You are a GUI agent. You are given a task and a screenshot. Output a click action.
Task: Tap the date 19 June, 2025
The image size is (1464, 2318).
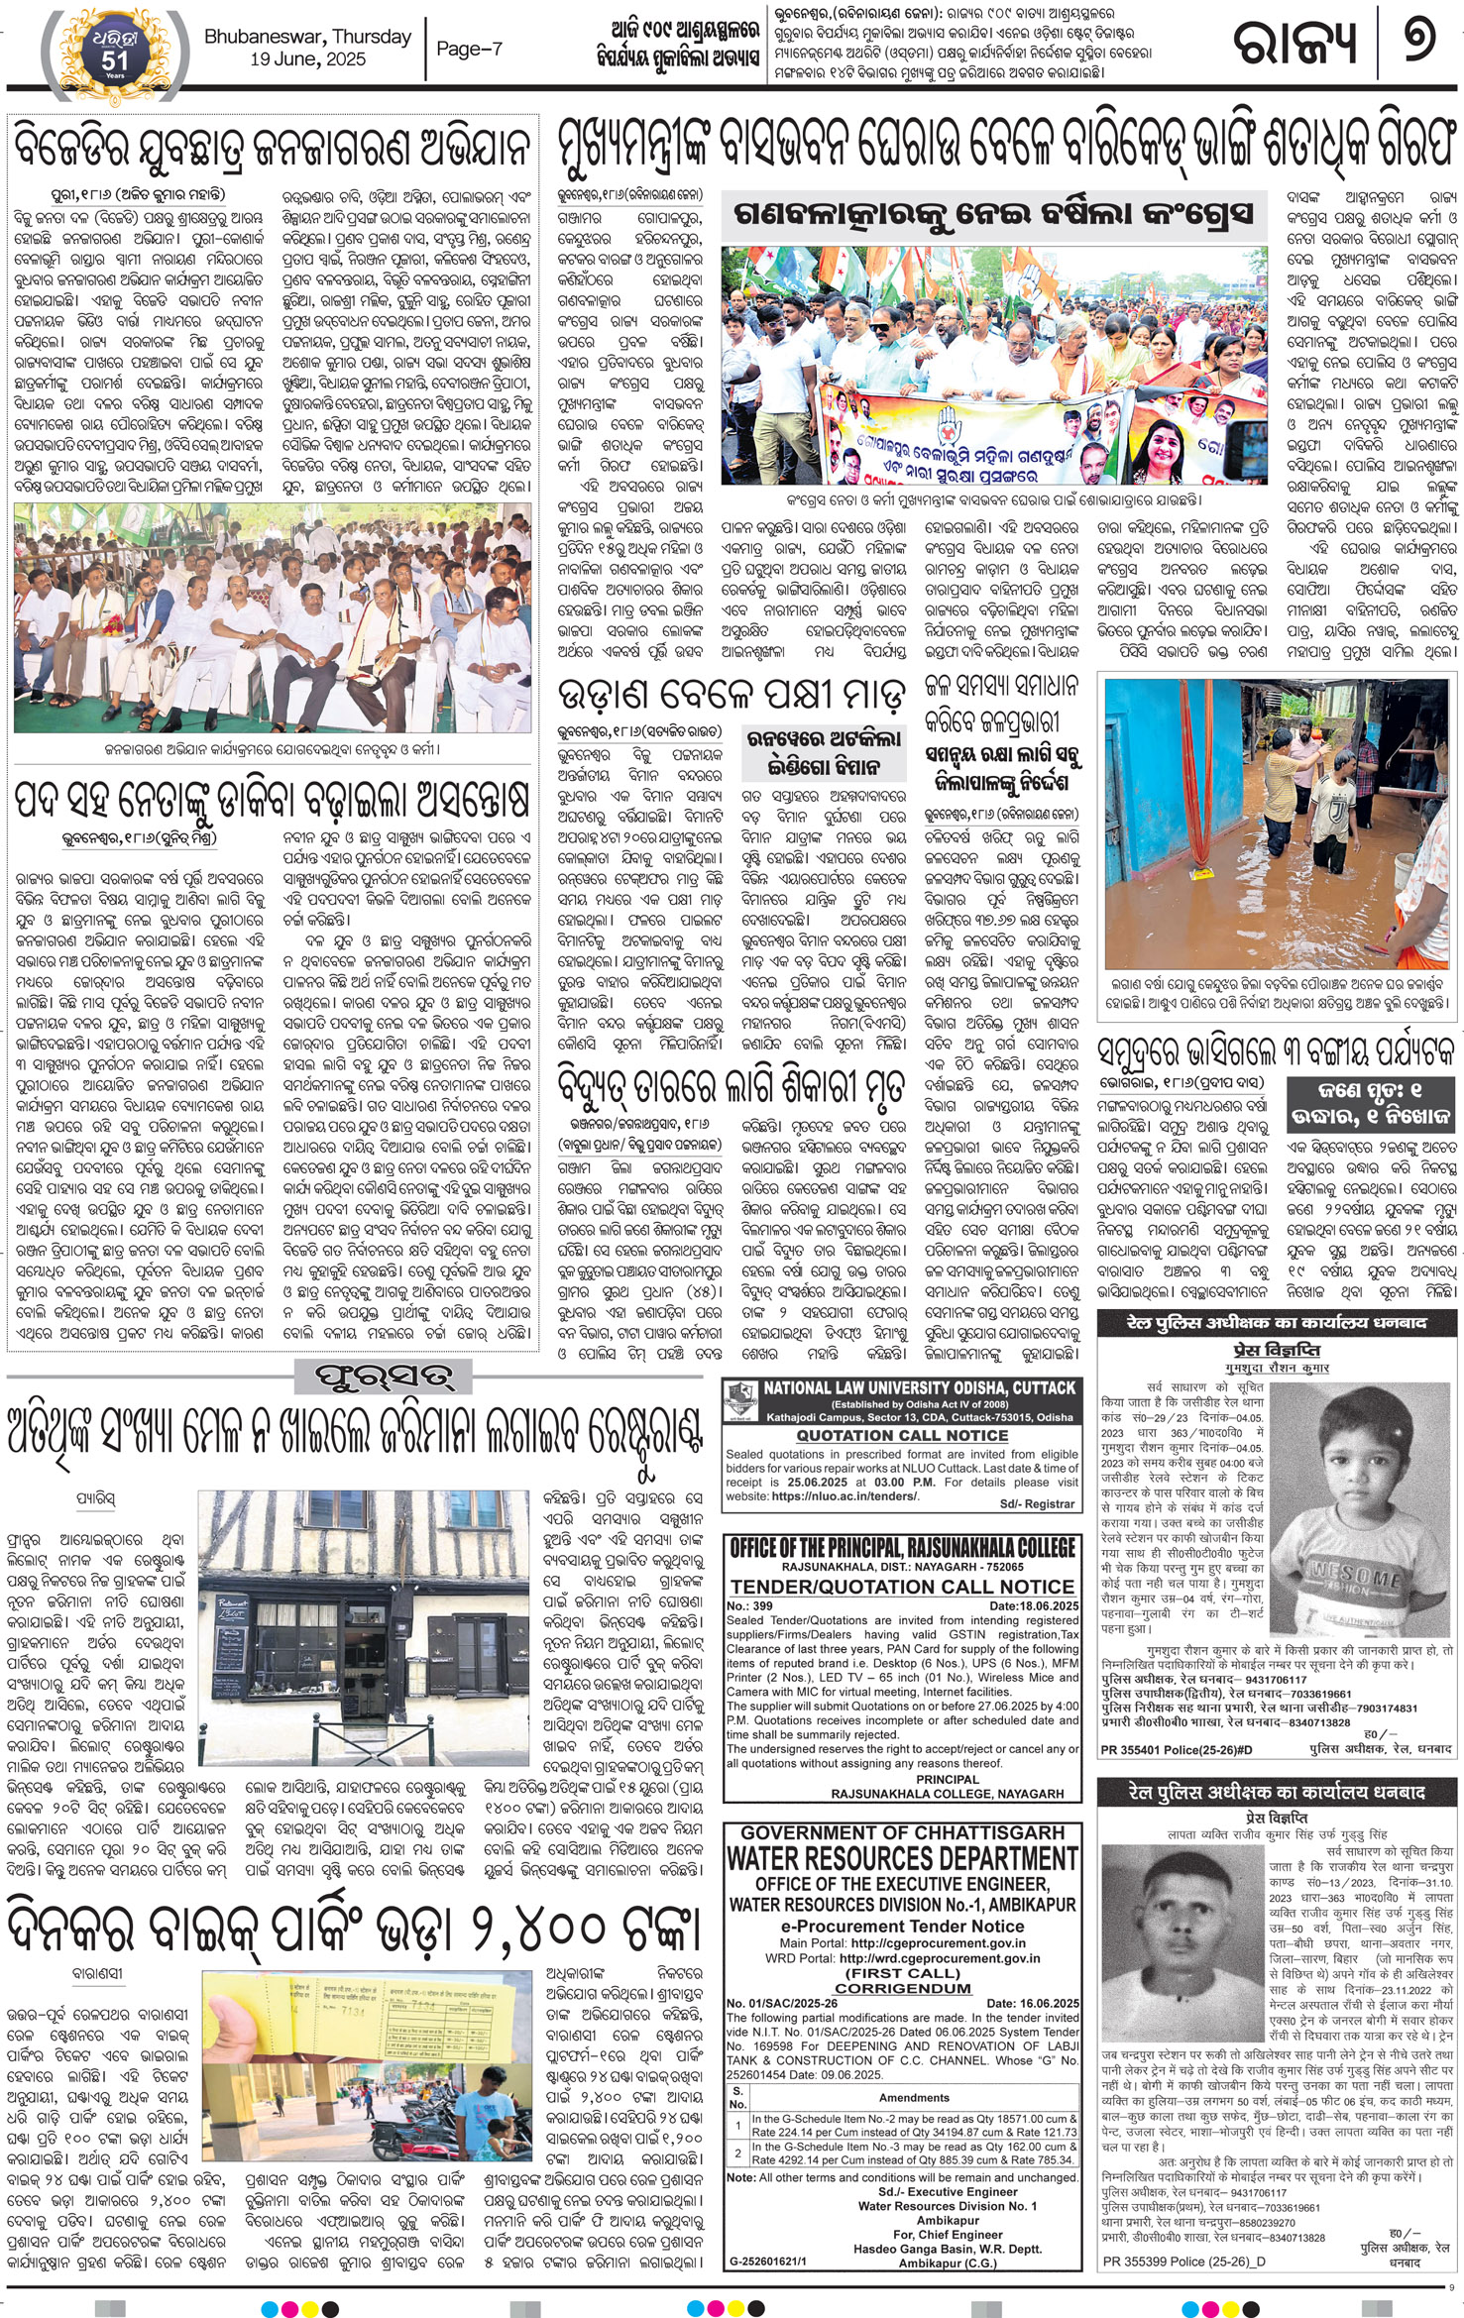tap(307, 59)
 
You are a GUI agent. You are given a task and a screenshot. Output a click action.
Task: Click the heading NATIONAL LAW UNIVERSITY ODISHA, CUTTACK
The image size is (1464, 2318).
tap(919, 1387)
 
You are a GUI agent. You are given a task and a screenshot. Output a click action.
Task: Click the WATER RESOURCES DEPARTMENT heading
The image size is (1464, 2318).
tap(901, 1857)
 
